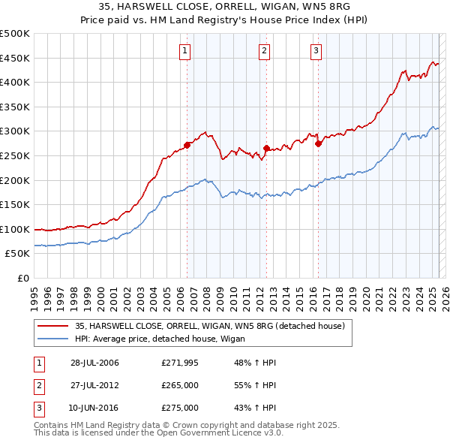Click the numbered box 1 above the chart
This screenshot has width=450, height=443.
(x=184, y=51)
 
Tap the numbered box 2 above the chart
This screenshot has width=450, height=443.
(x=265, y=51)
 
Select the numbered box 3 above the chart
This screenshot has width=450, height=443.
(x=316, y=51)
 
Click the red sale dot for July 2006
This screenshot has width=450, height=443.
(x=187, y=145)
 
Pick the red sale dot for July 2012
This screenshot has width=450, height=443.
(x=266, y=149)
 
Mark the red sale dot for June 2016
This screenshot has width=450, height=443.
(x=319, y=143)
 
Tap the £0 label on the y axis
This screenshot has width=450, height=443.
(x=23, y=278)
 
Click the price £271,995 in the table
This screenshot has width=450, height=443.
(x=180, y=363)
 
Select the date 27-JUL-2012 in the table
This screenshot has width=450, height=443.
(x=94, y=385)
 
